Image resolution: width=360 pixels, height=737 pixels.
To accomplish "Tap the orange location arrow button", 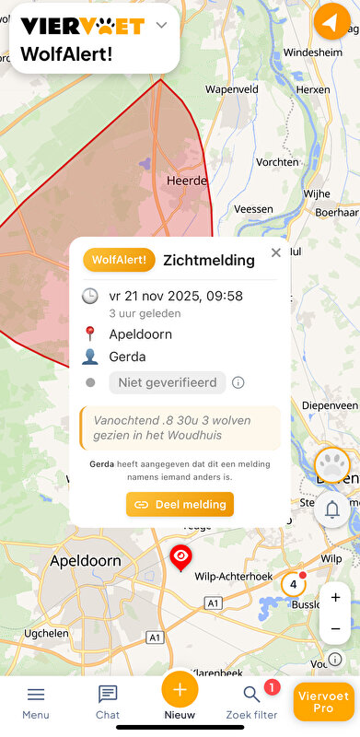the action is pyautogui.click(x=331, y=22).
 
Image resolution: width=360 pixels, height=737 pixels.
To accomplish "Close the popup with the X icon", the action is pyautogui.click(x=275, y=252).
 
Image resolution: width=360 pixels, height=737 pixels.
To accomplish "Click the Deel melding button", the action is pyautogui.click(x=180, y=504).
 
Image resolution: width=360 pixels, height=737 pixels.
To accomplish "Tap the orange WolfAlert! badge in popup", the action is pyautogui.click(x=119, y=260).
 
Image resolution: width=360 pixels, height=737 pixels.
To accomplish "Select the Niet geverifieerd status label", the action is pyautogui.click(x=167, y=382).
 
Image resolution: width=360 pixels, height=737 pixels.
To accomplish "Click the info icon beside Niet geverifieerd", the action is pyautogui.click(x=238, y=382).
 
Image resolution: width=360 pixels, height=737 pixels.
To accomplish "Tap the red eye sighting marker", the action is pyautogui.click(x=181, y=556).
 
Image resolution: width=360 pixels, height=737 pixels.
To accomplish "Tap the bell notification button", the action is pyautogui.click(x=332, y=509).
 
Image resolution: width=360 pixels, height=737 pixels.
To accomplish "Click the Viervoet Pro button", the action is pyautogui.click(x=323, y=702).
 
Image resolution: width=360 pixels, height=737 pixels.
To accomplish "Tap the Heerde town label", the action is pyautogui.click(x=186, y=181).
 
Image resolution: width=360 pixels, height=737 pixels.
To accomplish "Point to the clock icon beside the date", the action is pyautogui.click(x=90, y=296).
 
